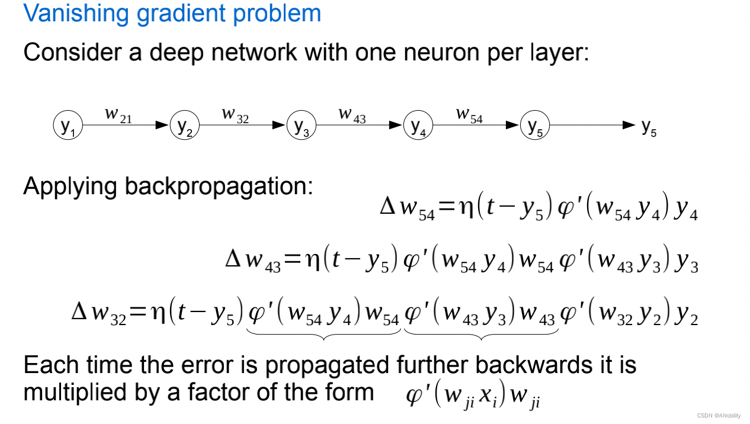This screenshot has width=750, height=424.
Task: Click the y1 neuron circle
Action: click(68, 126)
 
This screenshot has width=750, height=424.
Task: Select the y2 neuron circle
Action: click(184, 126)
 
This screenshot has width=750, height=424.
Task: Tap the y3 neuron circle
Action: click(301, 126)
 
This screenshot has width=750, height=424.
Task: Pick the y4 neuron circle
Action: click(418, 126)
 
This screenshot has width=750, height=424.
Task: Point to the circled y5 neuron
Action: click(534, 126)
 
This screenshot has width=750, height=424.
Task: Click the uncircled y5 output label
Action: click(649, 127)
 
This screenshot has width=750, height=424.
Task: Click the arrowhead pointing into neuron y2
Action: click(162, 125)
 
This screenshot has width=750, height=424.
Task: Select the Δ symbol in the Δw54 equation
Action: click(388, 207)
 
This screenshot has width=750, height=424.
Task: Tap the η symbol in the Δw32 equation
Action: click(158, 312)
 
